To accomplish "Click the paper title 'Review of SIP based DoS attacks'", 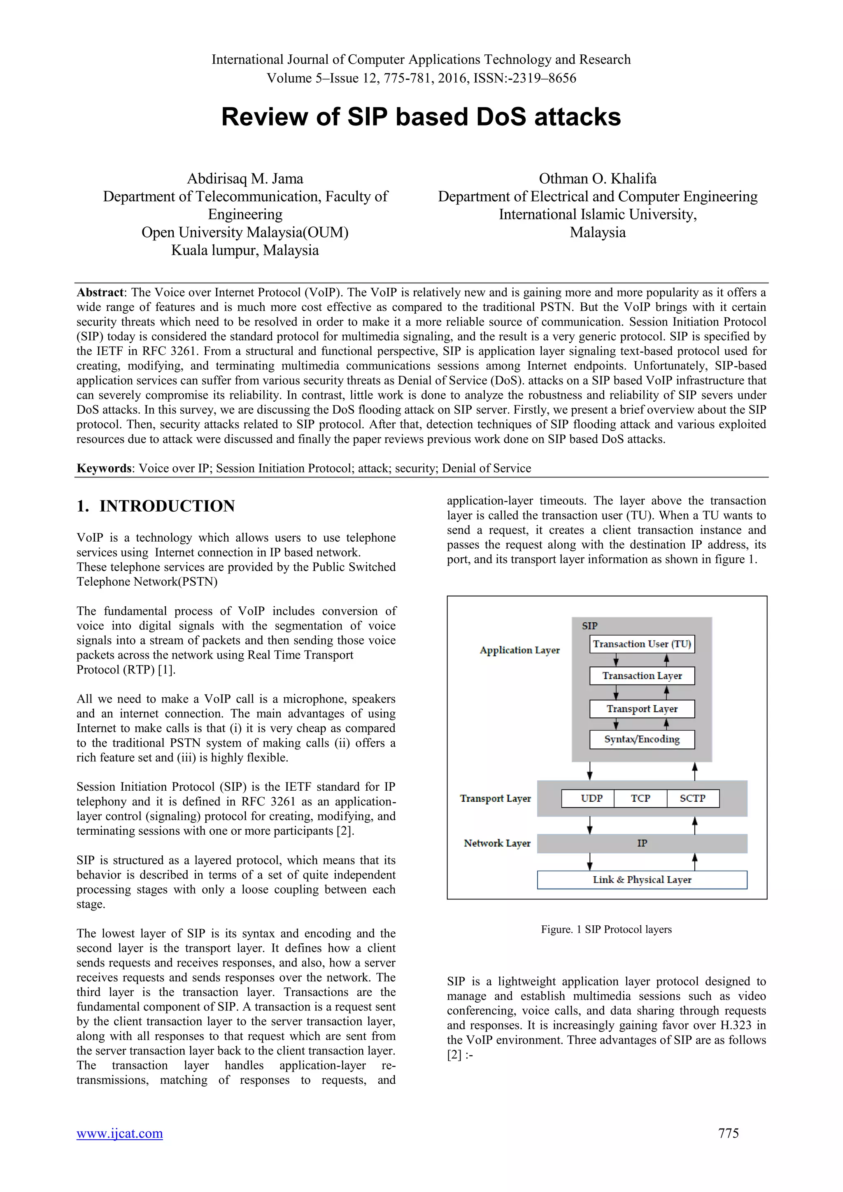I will coord(421,117).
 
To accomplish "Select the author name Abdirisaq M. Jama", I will coord(245,179).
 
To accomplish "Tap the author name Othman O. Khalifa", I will coord(598,179).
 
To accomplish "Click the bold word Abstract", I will coord(100,293).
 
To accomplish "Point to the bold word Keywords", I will coord(104,468).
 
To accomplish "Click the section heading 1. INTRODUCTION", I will coord(156,506).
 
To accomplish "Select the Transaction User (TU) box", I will coord(642,644).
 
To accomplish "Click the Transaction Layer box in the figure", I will coord(642,676).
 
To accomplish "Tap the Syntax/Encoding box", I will coord(642,739).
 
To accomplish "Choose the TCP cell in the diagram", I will coord(640,799).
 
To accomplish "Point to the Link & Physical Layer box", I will coord(642,880).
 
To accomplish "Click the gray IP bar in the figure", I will coord(642,844).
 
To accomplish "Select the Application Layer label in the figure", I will coord(519,650).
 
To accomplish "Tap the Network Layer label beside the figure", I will coord(497,844).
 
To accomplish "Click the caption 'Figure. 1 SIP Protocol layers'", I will coord(606,929).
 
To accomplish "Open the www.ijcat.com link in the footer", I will coord(119,1133).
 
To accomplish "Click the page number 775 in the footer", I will coord(728,1133).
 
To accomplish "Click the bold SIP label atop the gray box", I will coord(590,626).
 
